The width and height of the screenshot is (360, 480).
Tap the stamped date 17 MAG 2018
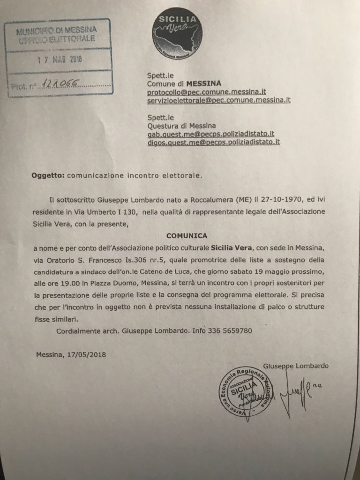pyautogui.click(x=60, y=60)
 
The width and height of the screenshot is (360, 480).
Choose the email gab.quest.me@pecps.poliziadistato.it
pyautogui.click(x=210, y=134)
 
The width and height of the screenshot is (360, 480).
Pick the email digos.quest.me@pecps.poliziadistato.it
pyautogui.click(x=213, y=142)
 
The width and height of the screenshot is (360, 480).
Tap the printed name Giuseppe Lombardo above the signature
pyautogui.click(x=296, y=366)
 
